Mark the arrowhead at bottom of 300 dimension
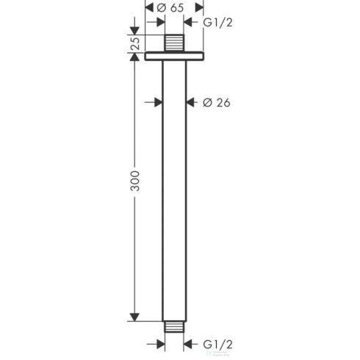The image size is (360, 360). (133, 316)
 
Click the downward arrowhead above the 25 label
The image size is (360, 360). (133, 30)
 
